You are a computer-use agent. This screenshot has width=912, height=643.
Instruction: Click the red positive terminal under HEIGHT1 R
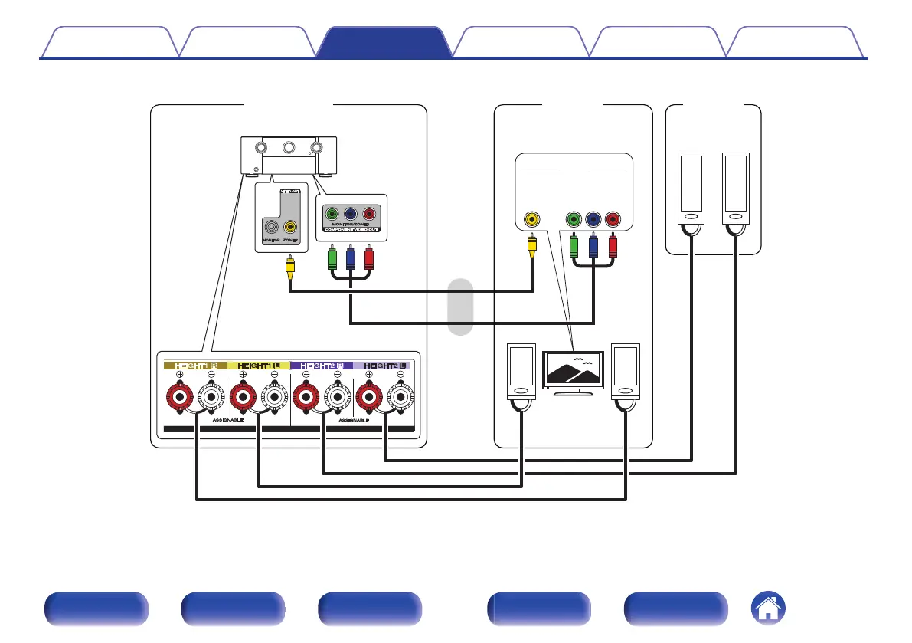pos(180,398)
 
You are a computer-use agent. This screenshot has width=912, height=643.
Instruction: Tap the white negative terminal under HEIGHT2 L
pos(400,398)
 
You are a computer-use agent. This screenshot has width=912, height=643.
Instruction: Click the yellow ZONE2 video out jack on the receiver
pos(289,227)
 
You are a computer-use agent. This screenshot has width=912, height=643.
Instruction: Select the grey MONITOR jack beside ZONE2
pos(271,227)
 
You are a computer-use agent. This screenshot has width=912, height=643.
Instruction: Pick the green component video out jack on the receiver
pos(332,215)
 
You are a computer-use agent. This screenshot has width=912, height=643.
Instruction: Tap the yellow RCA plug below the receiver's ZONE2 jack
pos(289,265)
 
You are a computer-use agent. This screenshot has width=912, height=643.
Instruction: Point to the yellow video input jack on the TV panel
pos(532,219)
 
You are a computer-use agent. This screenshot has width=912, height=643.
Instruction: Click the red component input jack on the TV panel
pos(613,219)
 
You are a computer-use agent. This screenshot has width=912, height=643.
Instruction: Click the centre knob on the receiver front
pos(288,146)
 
